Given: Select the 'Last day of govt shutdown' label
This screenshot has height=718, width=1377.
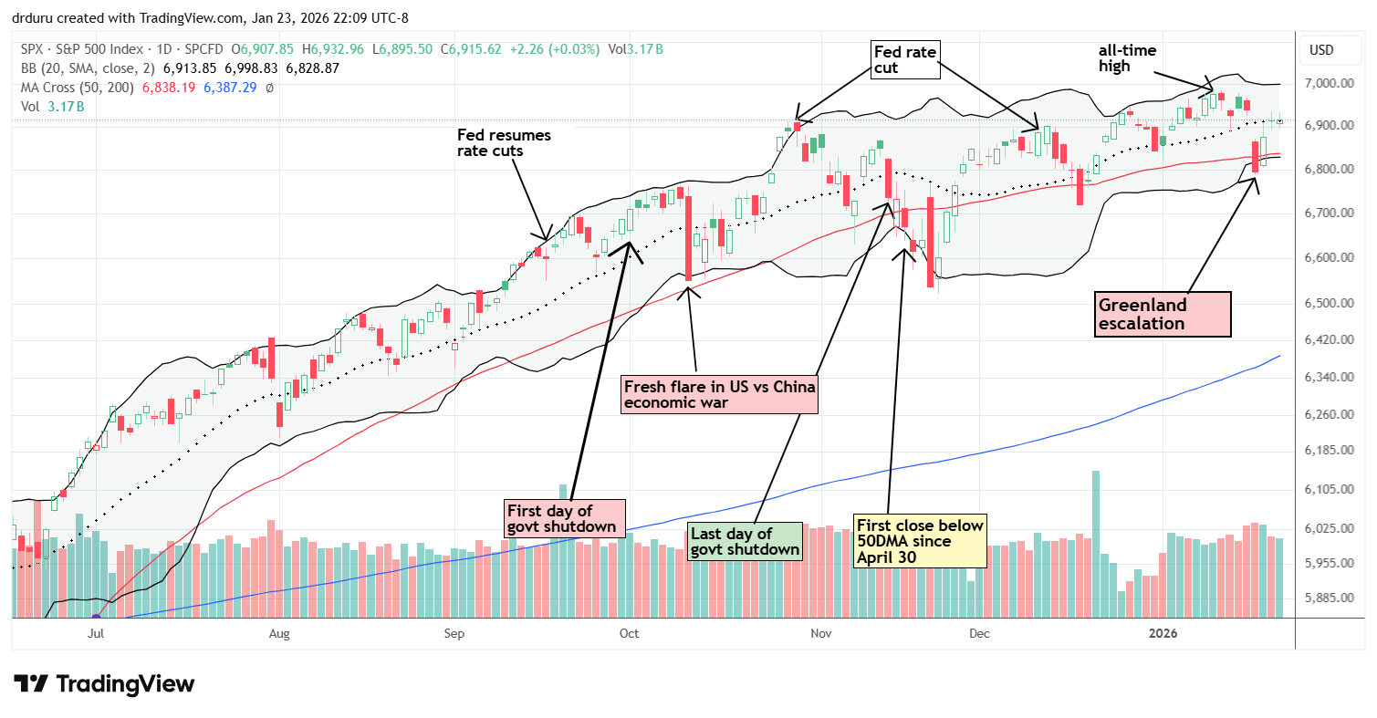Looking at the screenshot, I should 745,542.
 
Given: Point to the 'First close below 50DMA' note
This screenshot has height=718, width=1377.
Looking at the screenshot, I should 920,540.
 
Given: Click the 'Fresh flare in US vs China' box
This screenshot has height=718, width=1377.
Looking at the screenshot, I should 719,394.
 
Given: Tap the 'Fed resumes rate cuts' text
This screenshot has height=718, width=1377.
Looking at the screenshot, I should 504,143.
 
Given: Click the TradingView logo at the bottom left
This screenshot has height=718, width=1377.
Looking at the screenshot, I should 104,683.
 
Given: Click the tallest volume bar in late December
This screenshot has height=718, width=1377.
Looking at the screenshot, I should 1095,545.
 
